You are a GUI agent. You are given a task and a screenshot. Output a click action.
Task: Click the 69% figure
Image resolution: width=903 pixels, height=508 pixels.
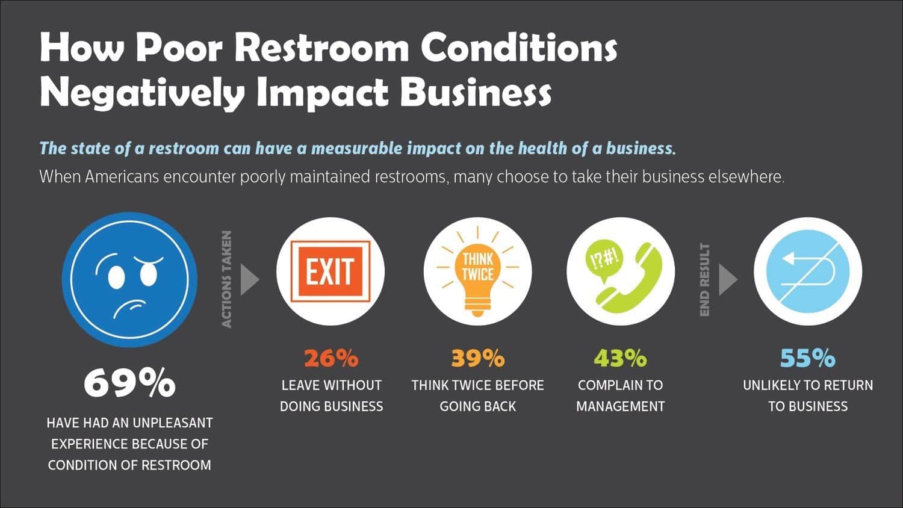129,382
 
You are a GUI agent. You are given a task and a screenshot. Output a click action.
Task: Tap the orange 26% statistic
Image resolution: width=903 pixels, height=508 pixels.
330,358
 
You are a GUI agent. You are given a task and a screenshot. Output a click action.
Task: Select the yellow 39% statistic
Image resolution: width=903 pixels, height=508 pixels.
477,358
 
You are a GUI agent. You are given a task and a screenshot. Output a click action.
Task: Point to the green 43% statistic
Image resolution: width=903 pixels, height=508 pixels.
620,358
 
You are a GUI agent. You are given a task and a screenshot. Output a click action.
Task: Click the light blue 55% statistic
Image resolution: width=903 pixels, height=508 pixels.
807,358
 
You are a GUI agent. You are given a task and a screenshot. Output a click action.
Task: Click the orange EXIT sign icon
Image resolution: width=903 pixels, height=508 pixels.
330,271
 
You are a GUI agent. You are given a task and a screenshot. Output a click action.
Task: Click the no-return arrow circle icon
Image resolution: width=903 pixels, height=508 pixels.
807,271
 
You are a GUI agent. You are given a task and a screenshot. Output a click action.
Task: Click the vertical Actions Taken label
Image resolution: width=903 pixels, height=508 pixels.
227,279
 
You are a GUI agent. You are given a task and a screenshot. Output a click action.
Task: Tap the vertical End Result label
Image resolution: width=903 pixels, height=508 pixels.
705,279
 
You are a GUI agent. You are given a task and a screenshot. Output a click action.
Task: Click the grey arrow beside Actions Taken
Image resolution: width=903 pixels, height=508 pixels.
249,279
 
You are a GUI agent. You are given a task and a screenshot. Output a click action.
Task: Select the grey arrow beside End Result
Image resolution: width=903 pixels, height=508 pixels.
727,279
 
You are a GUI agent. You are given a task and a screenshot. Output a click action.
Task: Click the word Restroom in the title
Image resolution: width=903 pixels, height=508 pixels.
323,48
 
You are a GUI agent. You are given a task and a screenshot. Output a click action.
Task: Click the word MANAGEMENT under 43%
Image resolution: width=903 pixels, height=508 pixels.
620,406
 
